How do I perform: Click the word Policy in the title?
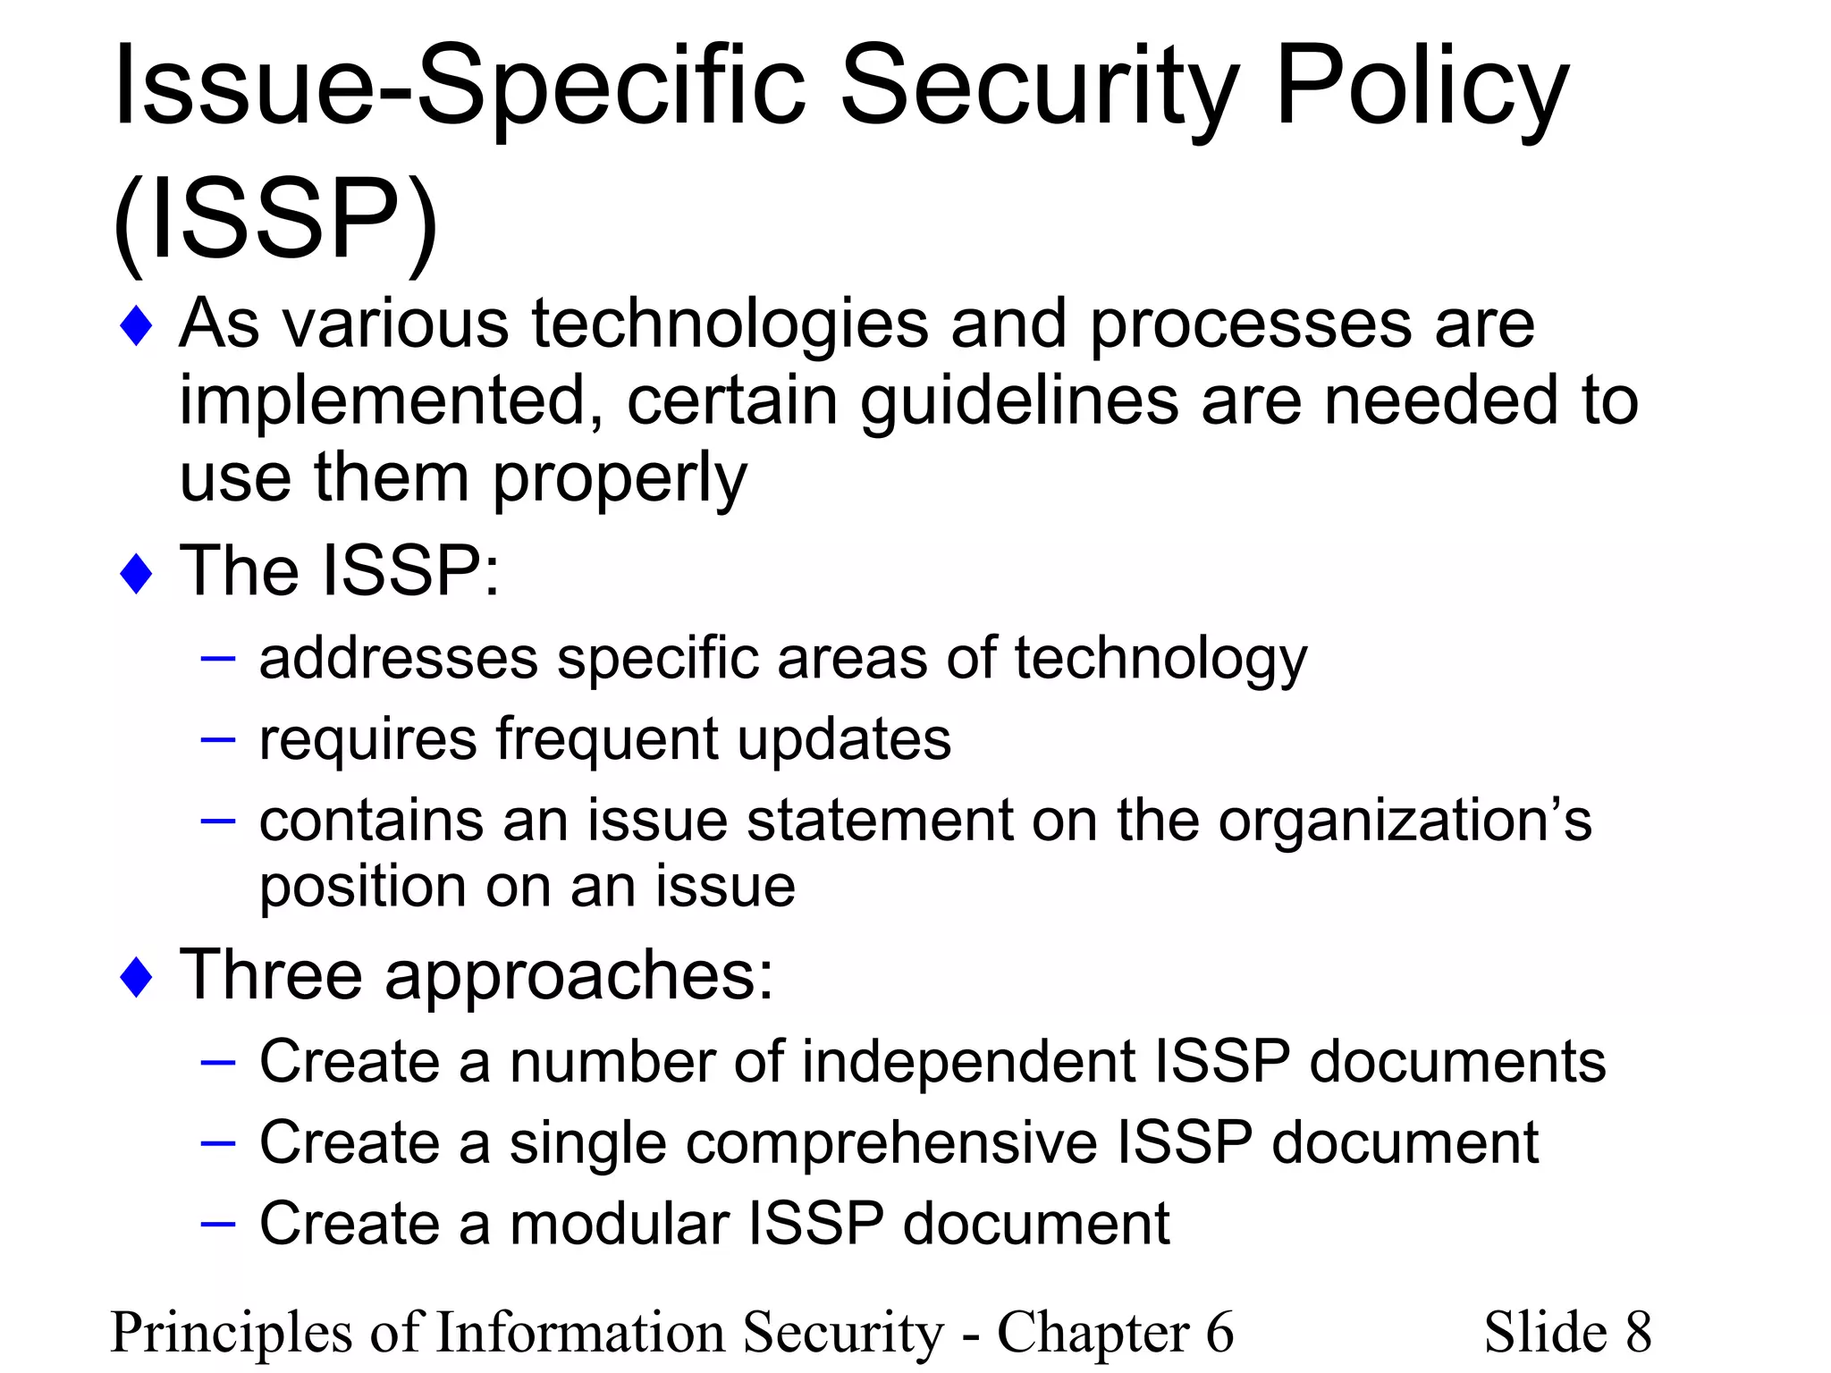pyautogui.click(x=1422, y=89)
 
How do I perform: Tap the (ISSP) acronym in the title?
pyautogui.click(x=275, y=219)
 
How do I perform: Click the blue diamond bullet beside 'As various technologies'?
pyautogui.click(x=136, y=326)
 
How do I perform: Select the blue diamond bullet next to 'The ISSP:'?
pyautogui.click(x=136, y=574)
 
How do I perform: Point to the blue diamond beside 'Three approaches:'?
pyautogui.click(x=136, y=977)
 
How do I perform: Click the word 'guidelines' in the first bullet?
pyautogui.click(x=1019, y=400)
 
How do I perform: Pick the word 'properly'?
pyautogui.click(x=619, y=478)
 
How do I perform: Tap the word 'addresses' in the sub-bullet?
pyautogui.click(x=398, y=659)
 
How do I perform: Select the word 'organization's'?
pyautogui.click(x=1405, y=821)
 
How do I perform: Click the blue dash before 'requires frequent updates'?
pyautogui.click(x=218, y=740)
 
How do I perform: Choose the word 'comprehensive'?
pyautogui.click(x=804, y=1143)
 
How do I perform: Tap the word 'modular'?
pyautogui.click(x=619, y=1224)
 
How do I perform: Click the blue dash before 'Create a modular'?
pyautogui.click(x=218, y=1224)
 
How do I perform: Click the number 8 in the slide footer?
pyautogui.click(x=1638, y=1332)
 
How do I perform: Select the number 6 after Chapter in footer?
pyautogui.click(x=1219, y=1332)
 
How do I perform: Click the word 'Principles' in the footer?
pyautogui.click(x=231, y=1332)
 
